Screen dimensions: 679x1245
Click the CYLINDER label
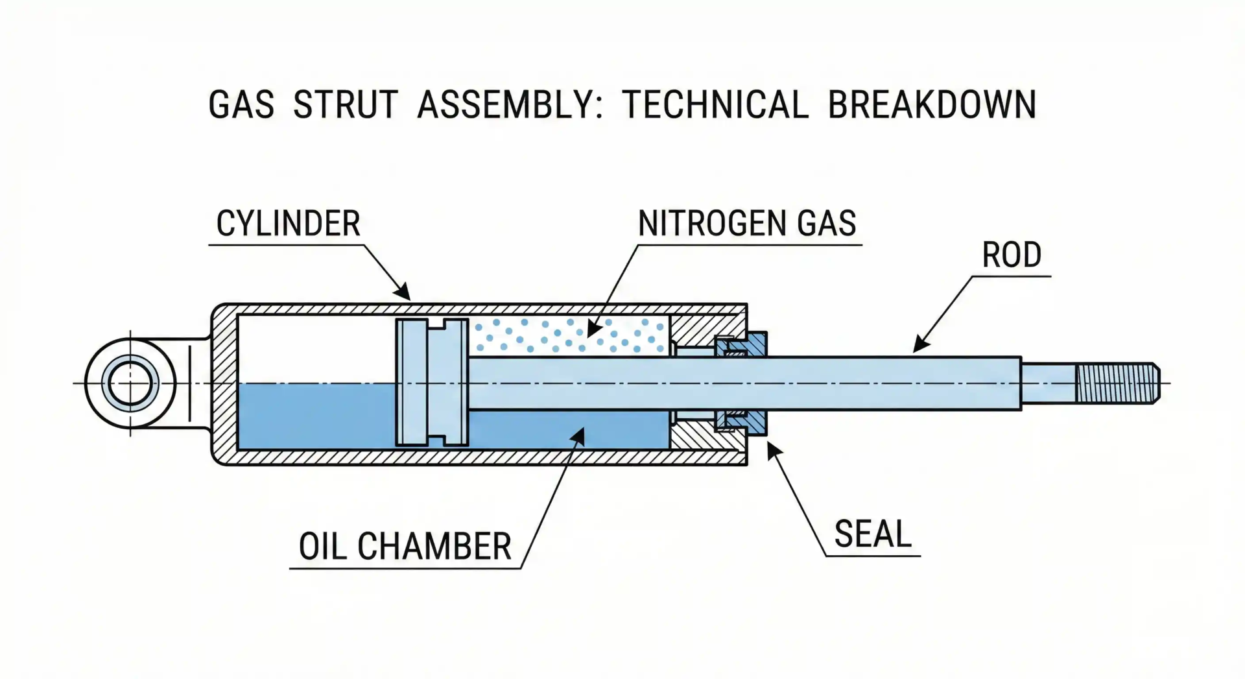click(288, 224)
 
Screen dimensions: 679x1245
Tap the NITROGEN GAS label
click(747, 224)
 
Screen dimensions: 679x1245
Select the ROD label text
click(1012, 255)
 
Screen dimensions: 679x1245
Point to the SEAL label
click(873, 534)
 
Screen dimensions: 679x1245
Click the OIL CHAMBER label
click(405, 547)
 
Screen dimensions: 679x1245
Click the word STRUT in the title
click(345, 105)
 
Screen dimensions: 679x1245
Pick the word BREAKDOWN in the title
click(932, 105)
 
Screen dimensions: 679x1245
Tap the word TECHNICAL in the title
click(715, 105)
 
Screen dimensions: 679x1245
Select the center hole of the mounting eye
click(130, 383)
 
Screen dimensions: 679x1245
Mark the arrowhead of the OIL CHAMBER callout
click(578, 436)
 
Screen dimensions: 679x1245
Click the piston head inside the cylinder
click(431, 383)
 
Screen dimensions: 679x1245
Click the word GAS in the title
click(241, 105)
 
